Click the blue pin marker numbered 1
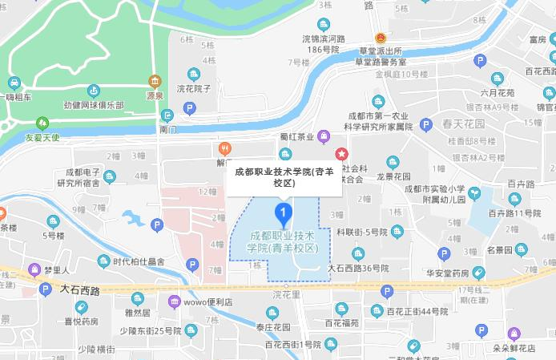282,214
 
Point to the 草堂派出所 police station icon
381,38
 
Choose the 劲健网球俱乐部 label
95,106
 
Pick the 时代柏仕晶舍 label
138,261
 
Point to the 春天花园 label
463,124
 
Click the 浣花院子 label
193,88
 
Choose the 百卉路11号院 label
514,212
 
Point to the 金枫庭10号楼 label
402,74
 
